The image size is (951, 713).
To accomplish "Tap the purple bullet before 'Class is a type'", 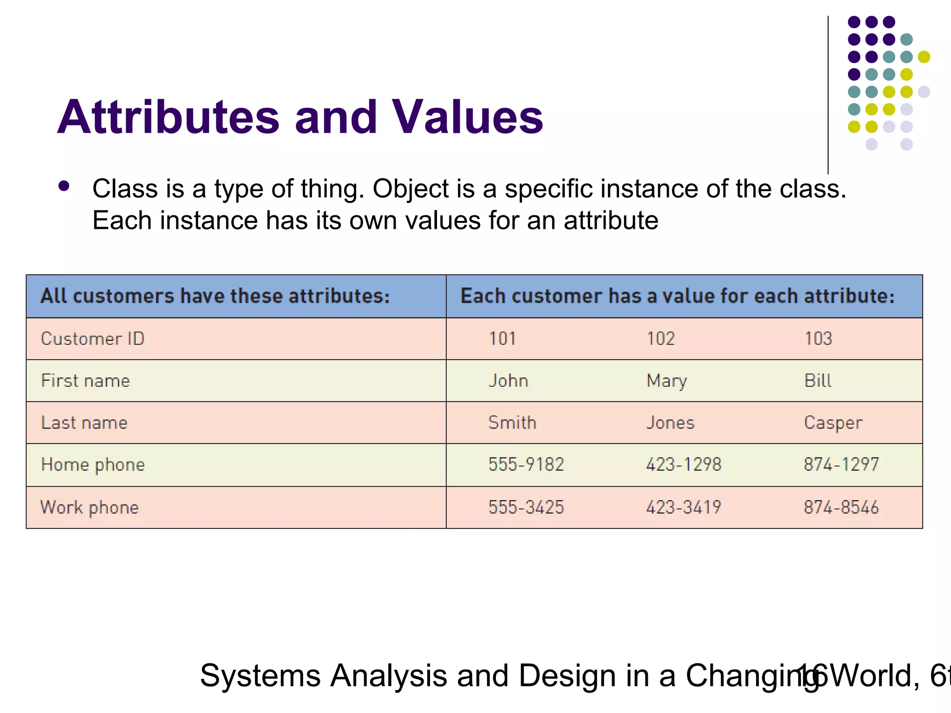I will [x=64, y=187].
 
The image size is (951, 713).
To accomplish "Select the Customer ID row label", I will [x=92, y=339].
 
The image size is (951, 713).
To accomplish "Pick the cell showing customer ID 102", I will [x=661, y=339].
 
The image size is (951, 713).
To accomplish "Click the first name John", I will [x=508, y=381].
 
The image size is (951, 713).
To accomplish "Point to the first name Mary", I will [x=666, y=381].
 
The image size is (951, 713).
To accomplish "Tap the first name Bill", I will [x=817, y=381].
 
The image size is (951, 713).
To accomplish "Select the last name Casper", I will [x=833, y=423].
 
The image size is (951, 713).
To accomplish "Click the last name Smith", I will [x=512, y=423].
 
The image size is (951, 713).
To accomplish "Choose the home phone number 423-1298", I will [x=684, y=465].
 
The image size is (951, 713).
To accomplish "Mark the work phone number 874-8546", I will [x=841, y=507].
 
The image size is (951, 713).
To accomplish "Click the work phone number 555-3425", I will [x=526, y=507].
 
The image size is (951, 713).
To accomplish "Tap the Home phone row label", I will [x=93, y=465].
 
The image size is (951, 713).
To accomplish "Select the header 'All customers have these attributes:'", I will [x=215, y=296].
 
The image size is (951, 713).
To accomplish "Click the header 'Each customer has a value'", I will [x=677, y=296].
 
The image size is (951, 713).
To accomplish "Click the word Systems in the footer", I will [x=260, y=676].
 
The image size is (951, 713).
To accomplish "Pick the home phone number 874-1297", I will [x=841, y=465].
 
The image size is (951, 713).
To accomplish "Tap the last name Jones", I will [x=670, y=423].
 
